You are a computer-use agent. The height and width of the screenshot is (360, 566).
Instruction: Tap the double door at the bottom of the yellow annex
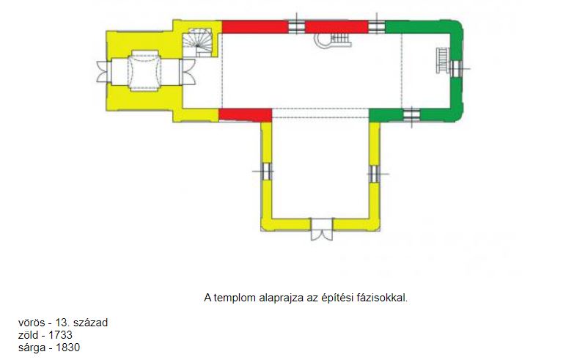tap(322, 229)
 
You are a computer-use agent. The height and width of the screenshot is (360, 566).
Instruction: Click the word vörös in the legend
tap(32, 323)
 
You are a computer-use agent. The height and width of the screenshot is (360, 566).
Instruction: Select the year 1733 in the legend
tap(60, 335)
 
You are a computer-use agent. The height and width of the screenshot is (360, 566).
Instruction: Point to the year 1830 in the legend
tap(68, 348)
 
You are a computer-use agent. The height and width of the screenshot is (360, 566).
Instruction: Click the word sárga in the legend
tap(32, 348)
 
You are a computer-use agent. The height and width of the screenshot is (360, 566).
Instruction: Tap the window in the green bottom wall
tap(411, 115)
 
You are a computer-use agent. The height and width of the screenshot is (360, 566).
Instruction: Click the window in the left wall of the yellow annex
tap(265, 171)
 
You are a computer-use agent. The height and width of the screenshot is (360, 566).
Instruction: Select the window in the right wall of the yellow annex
tap(375, 174)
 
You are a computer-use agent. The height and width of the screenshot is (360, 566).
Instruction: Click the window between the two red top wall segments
tap(297, 26)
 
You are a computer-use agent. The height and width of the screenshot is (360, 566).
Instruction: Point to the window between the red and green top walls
tap(377, 26)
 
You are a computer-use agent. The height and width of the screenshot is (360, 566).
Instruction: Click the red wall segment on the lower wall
tap(245, 115)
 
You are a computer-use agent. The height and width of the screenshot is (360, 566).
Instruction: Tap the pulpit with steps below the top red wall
tap(332, 40)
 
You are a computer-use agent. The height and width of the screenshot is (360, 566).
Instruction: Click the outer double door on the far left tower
tap(103, 72)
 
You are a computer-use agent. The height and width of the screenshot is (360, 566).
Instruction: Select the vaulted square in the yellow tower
tap(144, 71)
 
